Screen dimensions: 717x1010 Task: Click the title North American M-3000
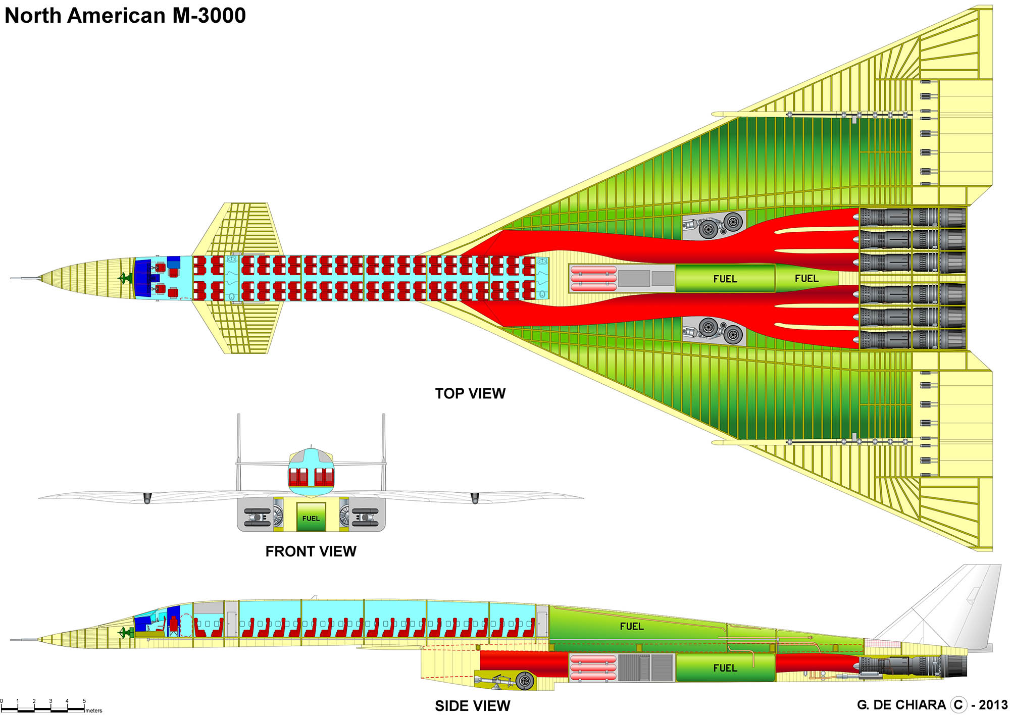point(125,16)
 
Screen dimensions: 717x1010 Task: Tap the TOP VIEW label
point(470,393)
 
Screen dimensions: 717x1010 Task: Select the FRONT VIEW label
point(311,551)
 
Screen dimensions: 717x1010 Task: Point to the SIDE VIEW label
point(472,705)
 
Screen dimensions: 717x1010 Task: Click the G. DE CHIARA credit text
point(901,705)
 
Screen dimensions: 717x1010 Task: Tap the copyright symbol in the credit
point(958,705)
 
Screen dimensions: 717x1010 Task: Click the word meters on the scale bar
point(93,710)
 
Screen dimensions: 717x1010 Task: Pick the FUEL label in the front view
point(311,518)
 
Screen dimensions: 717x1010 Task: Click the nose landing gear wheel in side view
point(525,681)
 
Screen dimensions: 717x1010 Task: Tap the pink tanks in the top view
point(593,278)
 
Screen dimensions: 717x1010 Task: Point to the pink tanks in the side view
point(593,668)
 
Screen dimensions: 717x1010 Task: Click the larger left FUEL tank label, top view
point(725,279)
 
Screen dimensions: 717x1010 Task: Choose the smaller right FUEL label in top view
point(806,278)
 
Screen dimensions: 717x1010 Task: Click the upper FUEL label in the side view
point(632,626)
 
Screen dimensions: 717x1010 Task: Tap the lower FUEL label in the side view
point(725,668)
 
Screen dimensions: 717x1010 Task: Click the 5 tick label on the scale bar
point(84,701)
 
